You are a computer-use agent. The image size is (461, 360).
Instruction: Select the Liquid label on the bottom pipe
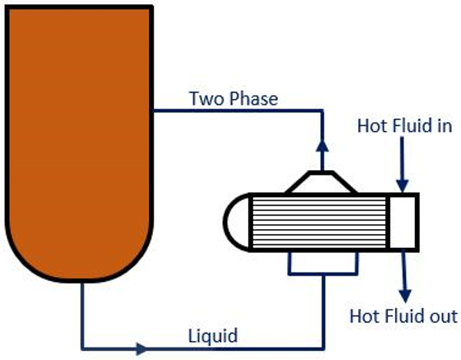[x=213, y=336]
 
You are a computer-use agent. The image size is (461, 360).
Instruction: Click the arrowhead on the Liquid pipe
[x=142, y=347]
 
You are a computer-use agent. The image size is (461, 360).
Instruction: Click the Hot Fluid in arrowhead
[x=403, y=182]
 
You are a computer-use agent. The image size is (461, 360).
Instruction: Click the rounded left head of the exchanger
[x=235, y=222]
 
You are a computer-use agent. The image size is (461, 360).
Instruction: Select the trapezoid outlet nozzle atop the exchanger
[x=321, y=182]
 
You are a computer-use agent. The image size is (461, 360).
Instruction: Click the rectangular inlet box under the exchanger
[x=322, y=262]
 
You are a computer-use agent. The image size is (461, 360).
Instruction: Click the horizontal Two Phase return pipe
[x=237, y=110]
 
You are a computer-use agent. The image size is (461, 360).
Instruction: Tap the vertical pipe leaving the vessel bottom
[x=82, y=313]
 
